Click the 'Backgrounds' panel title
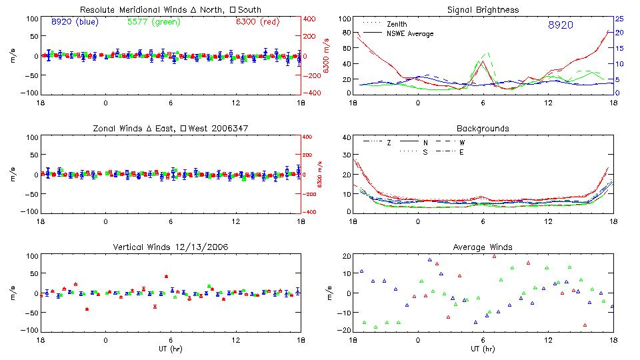pyautogui.click(x=483, y=128)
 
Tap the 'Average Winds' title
pyautogui.click(x=483, y=247)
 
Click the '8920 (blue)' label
pyautogui.click(x=75, y=22)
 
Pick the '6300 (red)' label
pyautogui.click(x=257, y=22)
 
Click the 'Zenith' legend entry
pyautogui.click(x=397, y=24)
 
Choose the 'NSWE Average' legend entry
pyautogui.click(x=410, y=33)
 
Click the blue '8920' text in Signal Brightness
pyautogui.click(x=560, y=25)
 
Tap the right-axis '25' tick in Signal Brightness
pyautogui.click(x=619, y=19)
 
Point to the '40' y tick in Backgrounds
pyautogui.click(x=346, y=138)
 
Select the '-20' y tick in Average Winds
pyautogui.click(x=344, y=330)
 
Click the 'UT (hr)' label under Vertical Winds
pyautogui.click(x=171, y=349)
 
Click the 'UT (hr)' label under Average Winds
pyautogui.click(x=483, y=349)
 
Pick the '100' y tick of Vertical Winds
pyautogui.click(x=30, y=257)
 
